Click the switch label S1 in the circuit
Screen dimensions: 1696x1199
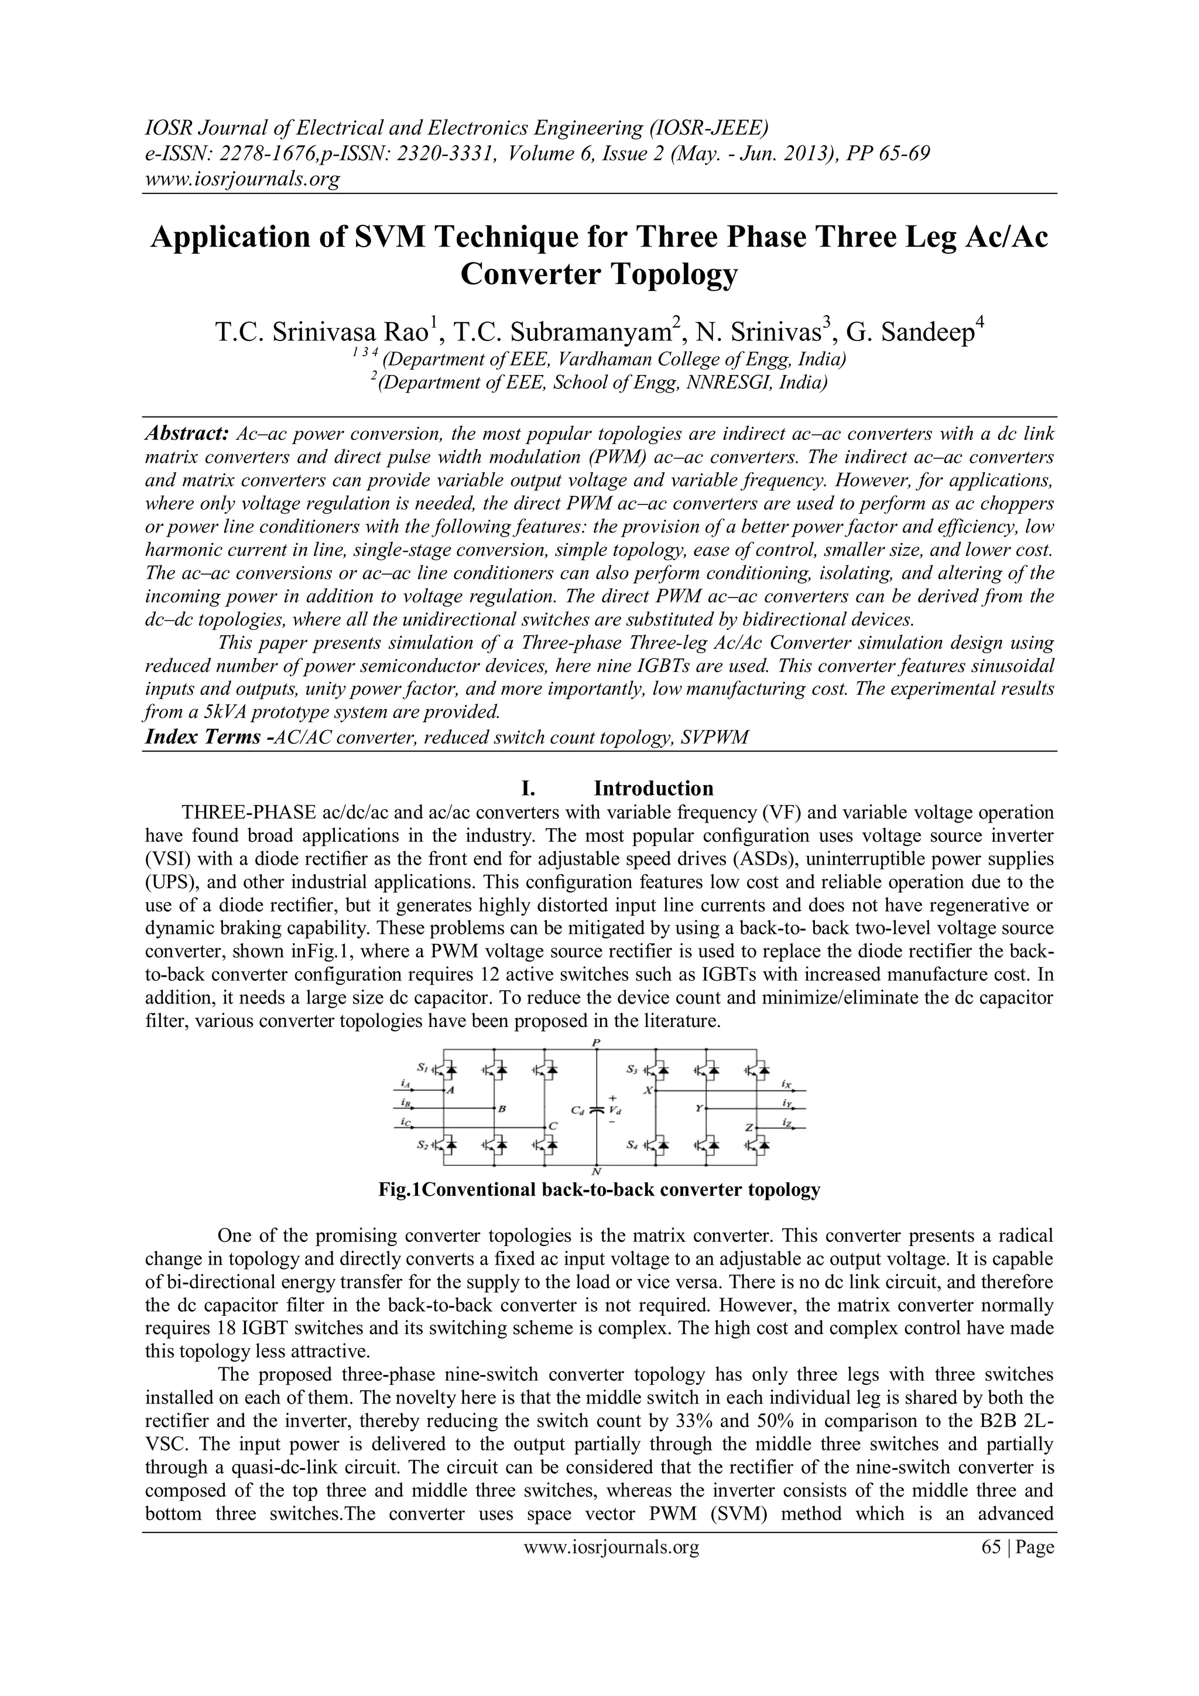[x=422, y=1067]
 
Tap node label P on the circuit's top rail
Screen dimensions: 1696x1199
[x=597, y=1042]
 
